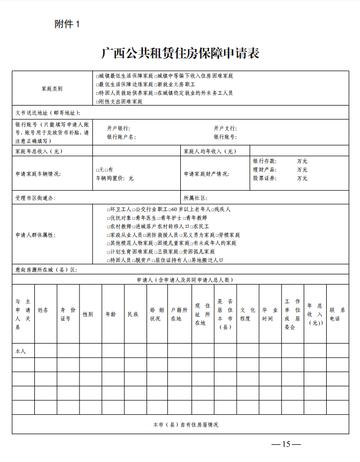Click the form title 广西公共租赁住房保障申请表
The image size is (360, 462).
click(180, 54)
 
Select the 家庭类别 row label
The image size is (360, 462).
click(52, 88)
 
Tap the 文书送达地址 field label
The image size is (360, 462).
click(48, 113)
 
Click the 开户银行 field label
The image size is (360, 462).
click(118, 129)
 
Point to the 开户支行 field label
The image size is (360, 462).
click(225, 129)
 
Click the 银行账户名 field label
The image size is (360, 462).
click(121, 137)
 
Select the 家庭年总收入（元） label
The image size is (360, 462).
click(39, 151)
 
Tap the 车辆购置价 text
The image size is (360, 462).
click(114, 178)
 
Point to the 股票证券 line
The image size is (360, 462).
click(265, 178)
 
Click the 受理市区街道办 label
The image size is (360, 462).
click(35, 198)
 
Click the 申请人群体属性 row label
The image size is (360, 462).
click(36, 235)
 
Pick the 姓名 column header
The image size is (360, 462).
click(43, 310)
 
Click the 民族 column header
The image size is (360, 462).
click(133, 314)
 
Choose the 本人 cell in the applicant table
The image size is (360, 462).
click(20, 351)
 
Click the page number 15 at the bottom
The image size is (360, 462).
click(286, 444)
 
